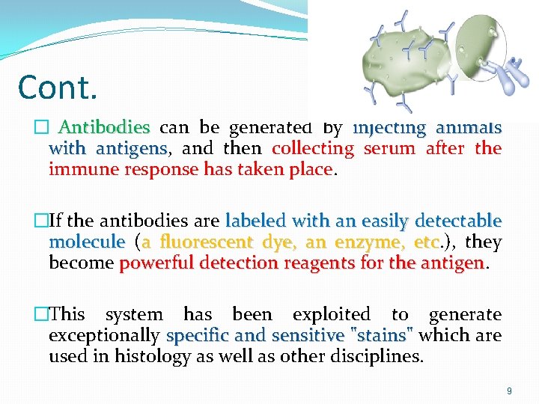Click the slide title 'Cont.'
click(58, 87)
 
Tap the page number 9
click(509, 390)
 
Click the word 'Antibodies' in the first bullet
click(104, 127)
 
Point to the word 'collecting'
click(313, 148)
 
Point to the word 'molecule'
click(87, 242)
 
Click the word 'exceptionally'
click(104, 336)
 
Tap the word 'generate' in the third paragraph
click(465, 315)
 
